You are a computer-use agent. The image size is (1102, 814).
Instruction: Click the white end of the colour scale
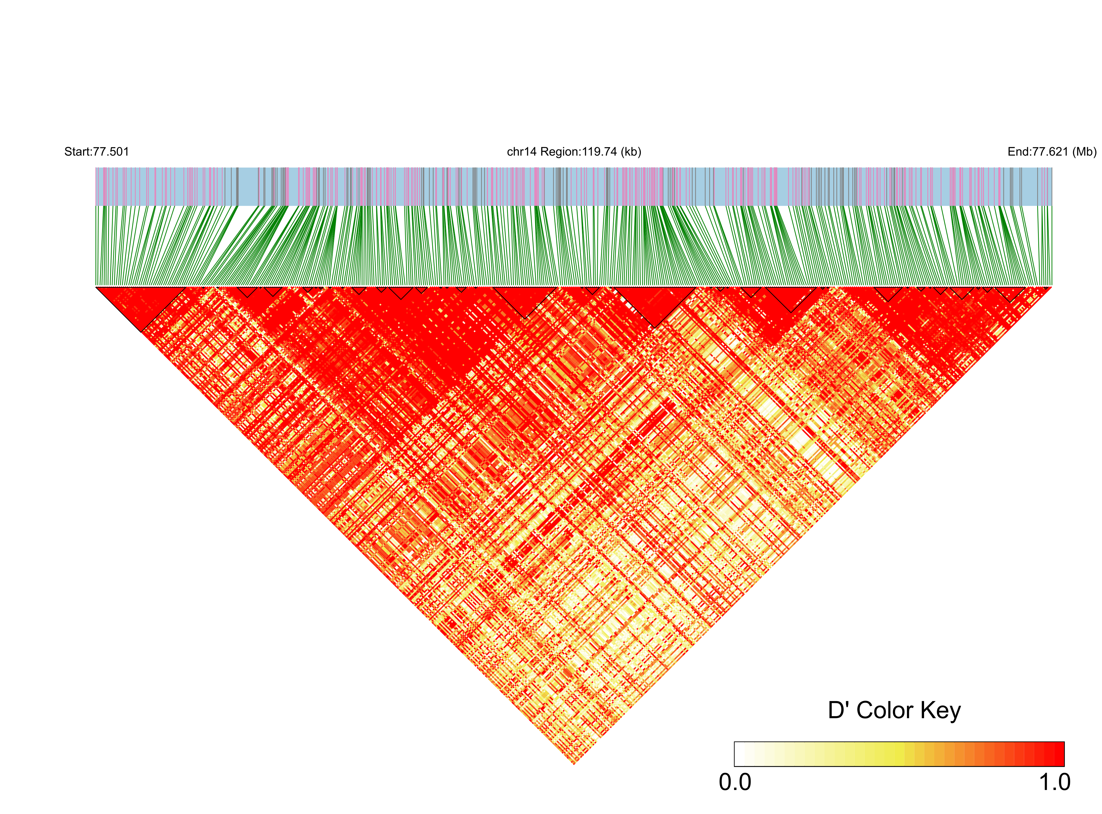pyautogui.click(x=740, y=754)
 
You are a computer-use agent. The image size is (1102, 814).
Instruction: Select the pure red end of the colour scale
pyautogui.click(x=1059, y=754)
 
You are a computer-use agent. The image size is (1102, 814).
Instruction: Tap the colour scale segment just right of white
pyautogui.click(x=749, y=754)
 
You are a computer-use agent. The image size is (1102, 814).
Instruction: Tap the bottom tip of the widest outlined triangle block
pyautogui.click(x=655, y=326)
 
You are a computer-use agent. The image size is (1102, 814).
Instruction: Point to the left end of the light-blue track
pyautogui.click(x=97, y=186)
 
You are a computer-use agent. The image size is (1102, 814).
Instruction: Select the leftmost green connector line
pyautogui.click(x=96, y=246)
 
